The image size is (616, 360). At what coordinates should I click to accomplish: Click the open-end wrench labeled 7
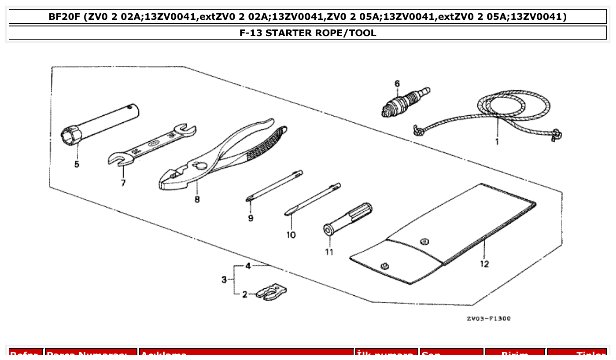coord(152,145)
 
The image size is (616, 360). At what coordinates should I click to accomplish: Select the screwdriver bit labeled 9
coord(274,186)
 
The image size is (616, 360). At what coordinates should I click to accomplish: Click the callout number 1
coord(497,142)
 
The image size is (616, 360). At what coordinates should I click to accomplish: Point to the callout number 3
coord(224,279)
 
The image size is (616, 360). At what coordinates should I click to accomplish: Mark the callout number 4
coord(248,266)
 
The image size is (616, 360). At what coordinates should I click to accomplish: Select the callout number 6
coord(397,83)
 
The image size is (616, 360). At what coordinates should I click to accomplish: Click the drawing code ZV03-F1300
coord(489,319)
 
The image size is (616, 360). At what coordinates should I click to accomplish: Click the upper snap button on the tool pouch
coord(425,241)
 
